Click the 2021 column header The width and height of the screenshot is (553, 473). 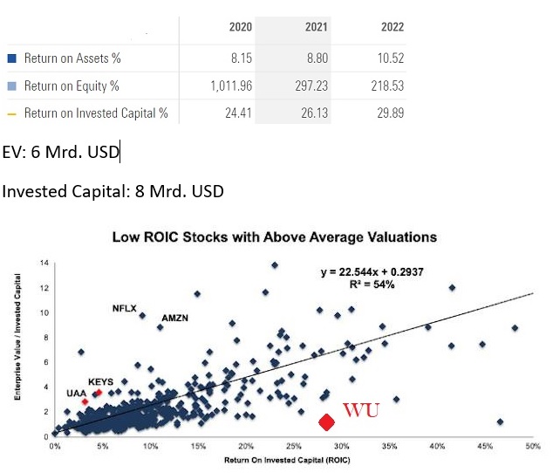316,27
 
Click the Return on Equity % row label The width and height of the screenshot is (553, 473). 72,86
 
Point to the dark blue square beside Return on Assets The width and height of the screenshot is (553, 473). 11,58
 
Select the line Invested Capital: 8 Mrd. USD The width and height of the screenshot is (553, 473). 113,191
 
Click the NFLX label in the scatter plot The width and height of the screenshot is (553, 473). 124,308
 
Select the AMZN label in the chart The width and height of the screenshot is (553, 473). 175,317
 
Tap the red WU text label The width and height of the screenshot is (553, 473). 361,410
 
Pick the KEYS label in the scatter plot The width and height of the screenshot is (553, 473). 101,381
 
